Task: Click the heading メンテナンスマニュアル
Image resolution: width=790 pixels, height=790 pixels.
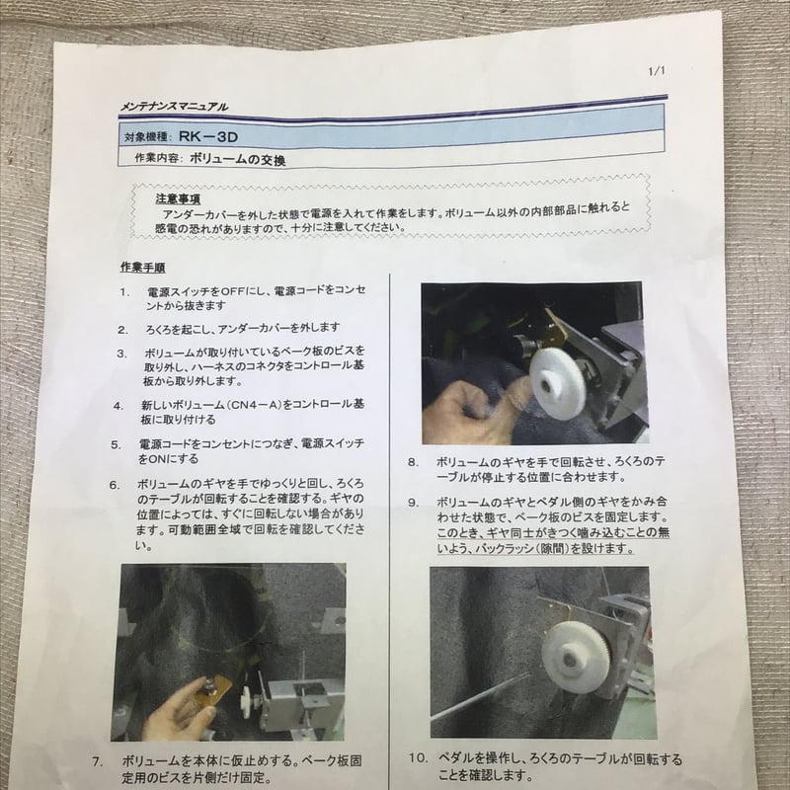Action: point(174,105)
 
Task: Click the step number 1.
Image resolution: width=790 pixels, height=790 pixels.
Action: point(124,293)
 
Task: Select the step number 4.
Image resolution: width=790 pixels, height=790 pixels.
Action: point(118,406)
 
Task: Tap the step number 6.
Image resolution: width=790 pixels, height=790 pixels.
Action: point(115,484)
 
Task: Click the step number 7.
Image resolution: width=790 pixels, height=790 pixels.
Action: point(98,762)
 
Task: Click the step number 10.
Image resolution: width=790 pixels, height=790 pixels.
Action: point(417,758)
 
